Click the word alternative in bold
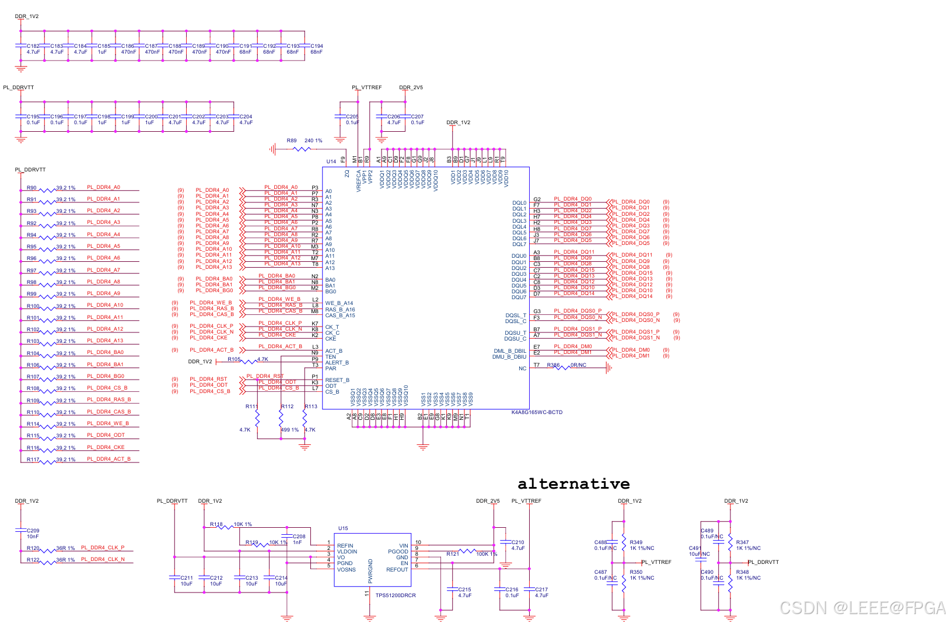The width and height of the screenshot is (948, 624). coord(573,484)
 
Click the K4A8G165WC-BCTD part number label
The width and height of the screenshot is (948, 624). coord(537,412)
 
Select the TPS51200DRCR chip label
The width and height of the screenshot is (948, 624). coord(396,595)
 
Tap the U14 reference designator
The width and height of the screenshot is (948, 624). coord(331,162)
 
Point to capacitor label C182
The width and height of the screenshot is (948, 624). coord(33,46)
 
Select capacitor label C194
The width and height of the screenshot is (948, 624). coord(316,46)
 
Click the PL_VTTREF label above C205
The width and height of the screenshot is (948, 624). coord(366,87)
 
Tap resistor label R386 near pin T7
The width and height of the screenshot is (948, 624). coord(553,365)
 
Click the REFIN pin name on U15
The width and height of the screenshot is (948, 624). coord(345,546)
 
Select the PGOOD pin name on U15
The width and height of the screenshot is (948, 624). coord(398,552)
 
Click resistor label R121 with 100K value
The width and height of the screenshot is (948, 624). coord(452,554)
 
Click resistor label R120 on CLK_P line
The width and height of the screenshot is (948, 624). coord(33,548)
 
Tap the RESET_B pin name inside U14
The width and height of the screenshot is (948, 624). coord(337,380)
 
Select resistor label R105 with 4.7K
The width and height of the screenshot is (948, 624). coord(234,359)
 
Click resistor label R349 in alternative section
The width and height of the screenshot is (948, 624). coord(636,542)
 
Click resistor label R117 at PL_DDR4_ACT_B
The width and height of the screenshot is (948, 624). coord(33,460)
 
